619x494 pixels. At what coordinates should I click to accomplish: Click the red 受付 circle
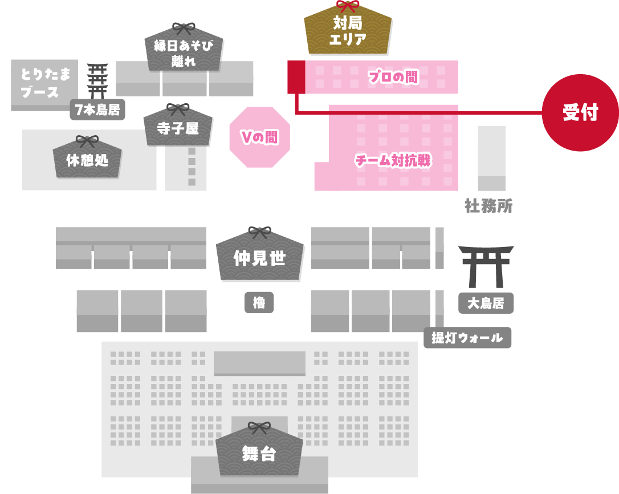coord(580,112)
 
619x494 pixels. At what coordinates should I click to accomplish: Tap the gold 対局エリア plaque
coord(348,31)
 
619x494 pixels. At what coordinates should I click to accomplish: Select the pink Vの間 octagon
coord(259,137)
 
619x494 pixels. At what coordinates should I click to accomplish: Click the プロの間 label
coord(393,77)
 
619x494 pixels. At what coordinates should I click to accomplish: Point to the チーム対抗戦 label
coord(393,161)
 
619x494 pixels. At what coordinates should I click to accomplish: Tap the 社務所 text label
coord(488,206)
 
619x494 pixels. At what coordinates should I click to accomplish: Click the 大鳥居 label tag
coord(486,303)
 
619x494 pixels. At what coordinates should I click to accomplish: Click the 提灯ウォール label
coord(467,338)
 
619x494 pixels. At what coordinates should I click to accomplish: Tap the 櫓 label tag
coord(259,303)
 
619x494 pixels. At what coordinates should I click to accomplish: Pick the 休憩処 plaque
coord(87,160)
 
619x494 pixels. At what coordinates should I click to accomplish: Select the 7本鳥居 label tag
coord(97,110)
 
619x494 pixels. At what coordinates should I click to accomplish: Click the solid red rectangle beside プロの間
coord(296,76)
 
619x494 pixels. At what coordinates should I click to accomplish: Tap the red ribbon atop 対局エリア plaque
coord(348,6)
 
